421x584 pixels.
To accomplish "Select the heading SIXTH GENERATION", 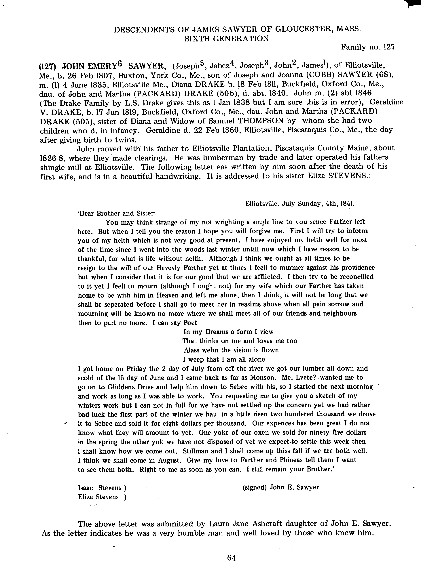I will point(227,38).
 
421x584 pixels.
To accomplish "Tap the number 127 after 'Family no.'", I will point(389,47).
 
